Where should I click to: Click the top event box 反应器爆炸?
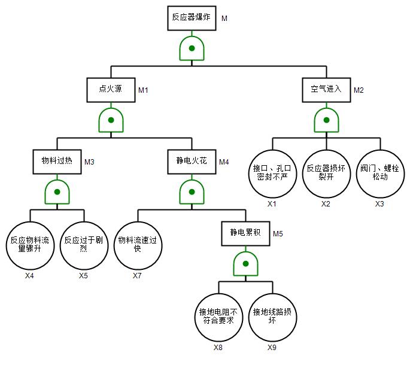[x=191, y=18]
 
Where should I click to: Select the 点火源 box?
[x=111, y=89]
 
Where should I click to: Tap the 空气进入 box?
[x=326, y=89]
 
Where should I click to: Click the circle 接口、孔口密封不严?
[x=272, y=174]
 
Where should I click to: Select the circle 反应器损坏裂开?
[x=326, y=174]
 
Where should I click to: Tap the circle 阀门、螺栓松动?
[x=380, y=174]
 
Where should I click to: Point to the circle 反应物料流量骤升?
[x=30, y=245]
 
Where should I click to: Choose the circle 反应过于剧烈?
[x=84, y=245]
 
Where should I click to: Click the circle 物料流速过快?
[x=138, y=245]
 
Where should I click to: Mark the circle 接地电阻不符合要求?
[x=218, y=317]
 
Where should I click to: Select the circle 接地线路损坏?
[x=272, y=317]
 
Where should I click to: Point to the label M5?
[x=278, y=233]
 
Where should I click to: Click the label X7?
[x=138, y=276]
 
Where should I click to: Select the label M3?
[x=89, y=162]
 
